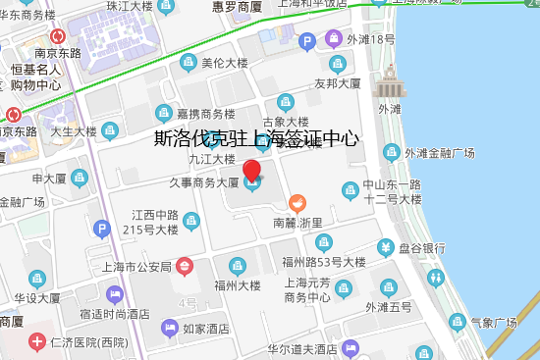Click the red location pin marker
pyautogui.click(x=252, y=172)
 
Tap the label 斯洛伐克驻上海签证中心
pyautogui.click(x=257, y=139)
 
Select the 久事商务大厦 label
pyautogui.click(x=202, y=182)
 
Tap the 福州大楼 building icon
pyautogui.click(x=237, y=266)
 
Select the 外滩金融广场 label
pyautogui.click(x=441, y=153)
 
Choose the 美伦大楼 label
pyautogui.click(x=224, y=63)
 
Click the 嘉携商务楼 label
pyautogui.click(x=205, y=113)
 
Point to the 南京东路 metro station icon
pyautogui.click(x=57, y=37)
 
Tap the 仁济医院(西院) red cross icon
pyautogui.click(x=36, y=342)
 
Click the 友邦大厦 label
pyautogui.click(x=340, y=83)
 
